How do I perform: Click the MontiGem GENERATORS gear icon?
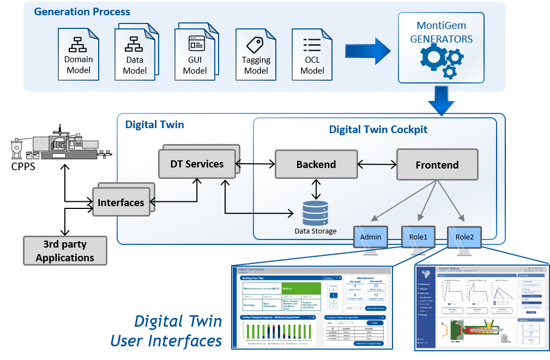(x=440, y=61)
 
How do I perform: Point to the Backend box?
(x=316, y=164)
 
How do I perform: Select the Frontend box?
(x=437, y=164)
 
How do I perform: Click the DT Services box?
(x=197, y=163)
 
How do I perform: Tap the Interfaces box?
(x=121, y=202)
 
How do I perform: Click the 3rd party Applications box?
(x=65, y=250)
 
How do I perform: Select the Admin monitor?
(x=371, y=238)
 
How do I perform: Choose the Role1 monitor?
(x=418, y=238)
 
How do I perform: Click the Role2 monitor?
(x=464, y=238)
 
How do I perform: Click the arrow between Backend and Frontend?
(x=377, y=164)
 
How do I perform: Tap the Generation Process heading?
(x=82, y=11)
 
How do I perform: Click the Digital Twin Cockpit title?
(x=378, y=129)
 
